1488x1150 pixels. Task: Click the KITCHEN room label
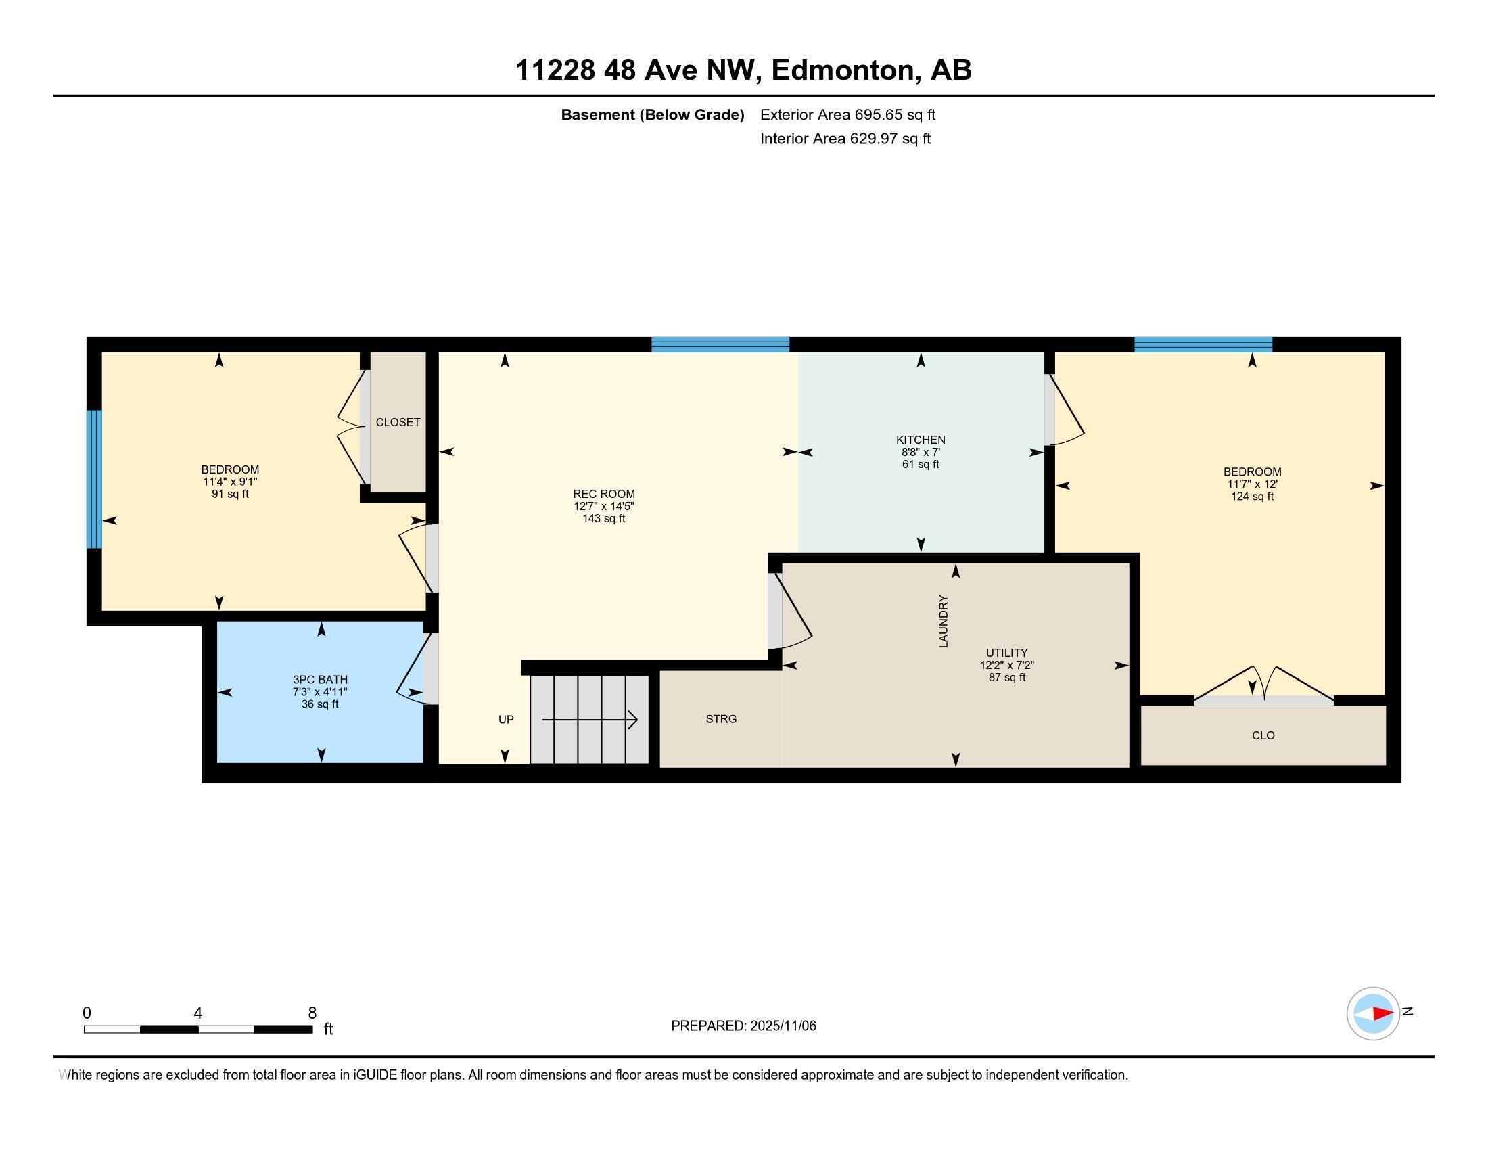(920, 440)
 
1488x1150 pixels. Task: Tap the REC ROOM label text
(603, 494)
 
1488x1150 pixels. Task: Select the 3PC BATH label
(320, 679)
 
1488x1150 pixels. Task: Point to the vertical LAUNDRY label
(944, 620)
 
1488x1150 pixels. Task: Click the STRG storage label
(721, 718)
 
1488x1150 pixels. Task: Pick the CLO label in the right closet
(1263, 735)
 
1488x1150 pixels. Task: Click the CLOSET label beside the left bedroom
(398, 422)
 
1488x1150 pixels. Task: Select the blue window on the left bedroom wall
(94, 479)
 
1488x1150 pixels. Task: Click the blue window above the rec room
(720, 344)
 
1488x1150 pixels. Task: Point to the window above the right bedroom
(1203, 344)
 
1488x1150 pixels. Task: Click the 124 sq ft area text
(1251, 497)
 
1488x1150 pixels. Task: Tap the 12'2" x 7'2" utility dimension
(1007, 665)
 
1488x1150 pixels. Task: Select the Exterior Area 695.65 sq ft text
(847, 114)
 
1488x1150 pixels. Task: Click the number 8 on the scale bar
(312, 1013)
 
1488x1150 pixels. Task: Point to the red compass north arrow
(1382, 1014)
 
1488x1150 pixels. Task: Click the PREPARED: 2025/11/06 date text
(743, 1026)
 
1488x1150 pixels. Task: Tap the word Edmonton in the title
(842, 70)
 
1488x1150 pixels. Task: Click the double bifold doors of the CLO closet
(1263, 687)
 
